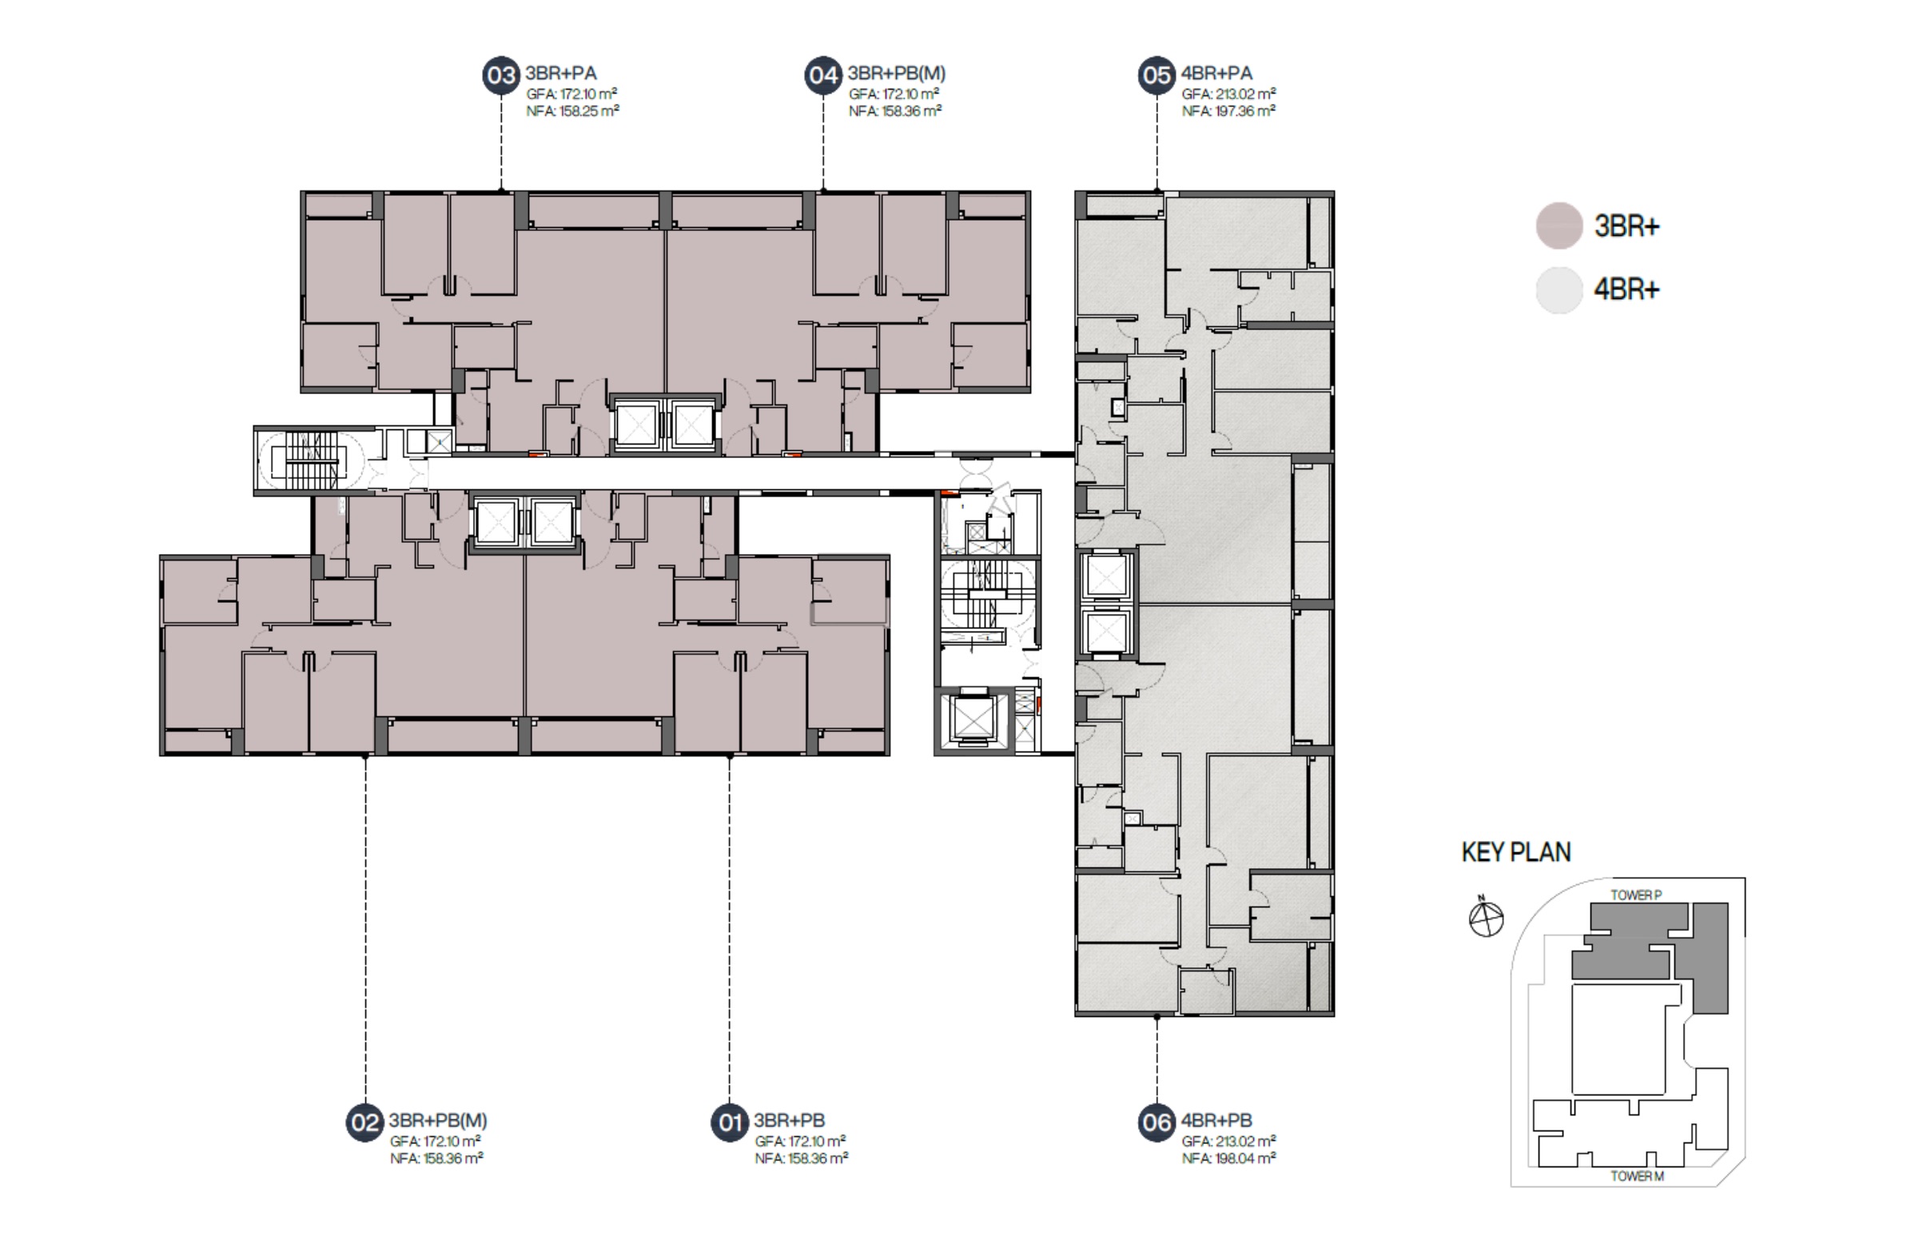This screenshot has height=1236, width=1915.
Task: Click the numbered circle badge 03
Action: click(x=501, y=75)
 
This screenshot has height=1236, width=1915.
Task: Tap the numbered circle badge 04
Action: click(x=823, y=75)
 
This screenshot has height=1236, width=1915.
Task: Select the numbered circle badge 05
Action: click(x=1157, y=75)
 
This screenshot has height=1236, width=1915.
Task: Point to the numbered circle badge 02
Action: click(x=365, y=1122)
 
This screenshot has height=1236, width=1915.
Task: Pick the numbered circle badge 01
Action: click(x=729, y=1122)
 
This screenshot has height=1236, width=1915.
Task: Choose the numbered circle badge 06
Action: click(x=1157, y=1122)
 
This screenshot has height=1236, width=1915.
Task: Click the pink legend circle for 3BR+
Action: click(x=1559, y=225)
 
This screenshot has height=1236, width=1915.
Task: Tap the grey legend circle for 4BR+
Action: click(x=1559, y=289)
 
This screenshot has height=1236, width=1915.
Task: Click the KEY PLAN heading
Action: click(x=1516, y=852)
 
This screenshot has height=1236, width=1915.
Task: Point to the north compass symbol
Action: click(x=1486, y=917)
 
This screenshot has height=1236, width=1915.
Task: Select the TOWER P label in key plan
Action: click(x=1636, y=895)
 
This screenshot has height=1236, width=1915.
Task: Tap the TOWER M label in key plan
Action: click(x=1638, y=1177)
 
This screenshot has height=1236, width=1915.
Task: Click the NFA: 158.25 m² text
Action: click(x=573, y=112)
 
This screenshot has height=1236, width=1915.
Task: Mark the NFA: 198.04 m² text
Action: click(x=1228, y=1158)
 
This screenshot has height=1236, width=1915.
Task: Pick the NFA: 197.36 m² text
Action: click(x=1228, y=112)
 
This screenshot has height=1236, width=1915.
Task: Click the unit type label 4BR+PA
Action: click(x=1217, y=74)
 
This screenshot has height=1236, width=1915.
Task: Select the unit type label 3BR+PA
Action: click(x=561, y=74)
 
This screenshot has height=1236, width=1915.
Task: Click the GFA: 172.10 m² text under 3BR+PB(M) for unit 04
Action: click(x=894, y=94)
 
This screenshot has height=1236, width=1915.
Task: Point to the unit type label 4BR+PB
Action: click(x=1217, y=1120)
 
